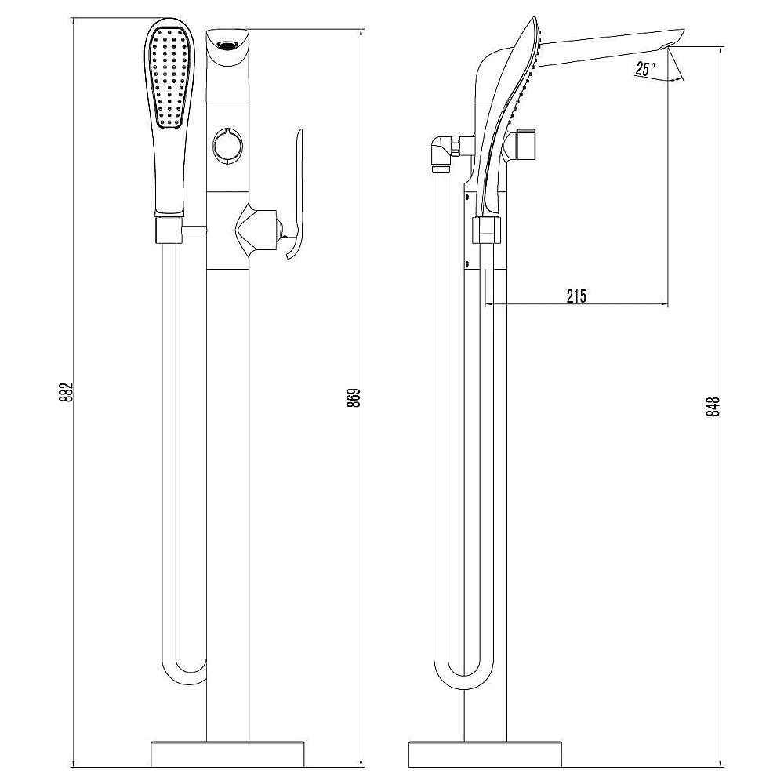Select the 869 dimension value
coord(354,397)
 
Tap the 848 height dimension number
coord(713,406)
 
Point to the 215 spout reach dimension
coord(576,296)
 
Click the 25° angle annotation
coord(645,68)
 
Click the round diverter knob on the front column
coord(227,145)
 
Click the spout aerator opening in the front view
coord(227,46)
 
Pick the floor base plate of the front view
coord(227,753)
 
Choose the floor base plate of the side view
coord(485,753)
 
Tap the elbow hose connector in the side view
coord(441,153)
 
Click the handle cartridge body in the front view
coord(256,230)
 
